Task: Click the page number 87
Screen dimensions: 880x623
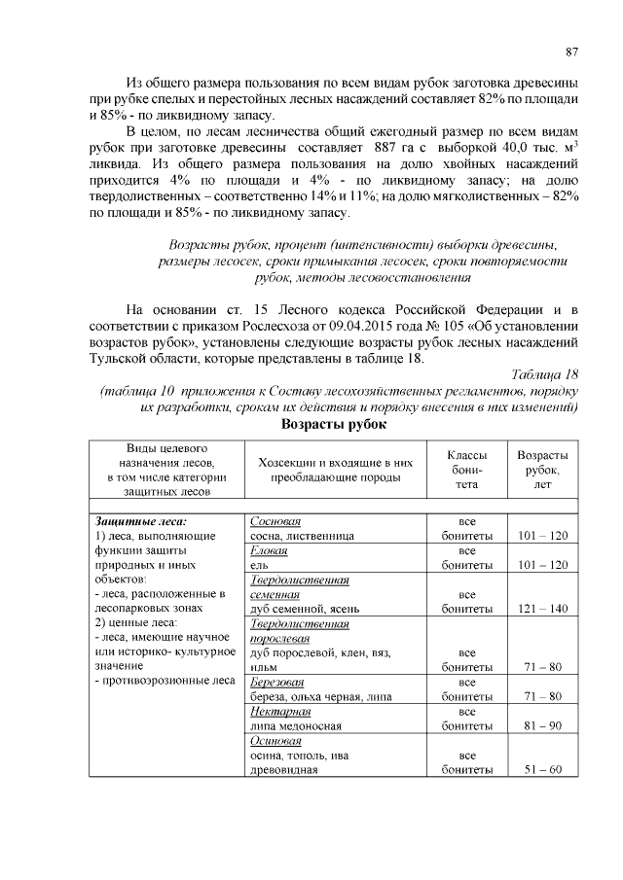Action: coord(572,52)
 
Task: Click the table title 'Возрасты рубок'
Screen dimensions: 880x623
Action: coord(334,425)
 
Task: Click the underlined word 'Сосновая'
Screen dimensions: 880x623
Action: coord(275,521)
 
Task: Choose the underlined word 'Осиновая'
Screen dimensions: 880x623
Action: coord(275,741)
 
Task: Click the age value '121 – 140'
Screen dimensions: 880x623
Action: coord(543,610)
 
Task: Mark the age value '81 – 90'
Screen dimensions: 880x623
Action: coord(543,726)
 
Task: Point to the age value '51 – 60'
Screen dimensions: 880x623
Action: coord(543,770)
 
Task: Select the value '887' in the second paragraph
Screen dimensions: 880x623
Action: coord(387,146)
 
